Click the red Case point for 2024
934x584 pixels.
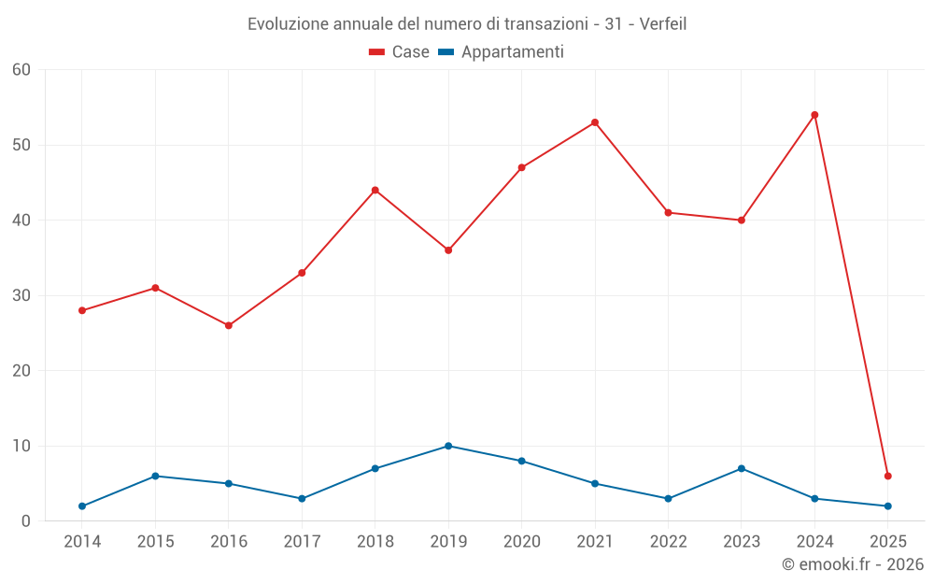(814, 115)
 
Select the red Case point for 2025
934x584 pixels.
(887, 476)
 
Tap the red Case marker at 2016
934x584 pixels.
(229, 325)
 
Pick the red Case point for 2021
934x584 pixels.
(595, 122)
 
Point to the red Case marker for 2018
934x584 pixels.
(375, 190)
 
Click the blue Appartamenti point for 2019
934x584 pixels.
(448, 446)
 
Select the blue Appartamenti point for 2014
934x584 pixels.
(82, 506)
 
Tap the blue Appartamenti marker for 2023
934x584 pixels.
(742, 468)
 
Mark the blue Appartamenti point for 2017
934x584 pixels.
(302, 498)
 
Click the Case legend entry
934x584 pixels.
(400, 52)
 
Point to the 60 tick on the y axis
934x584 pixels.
(21, 69)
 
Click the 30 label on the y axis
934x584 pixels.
(21, 295)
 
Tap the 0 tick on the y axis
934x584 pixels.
(26, 520)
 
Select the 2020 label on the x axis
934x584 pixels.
(522, 541)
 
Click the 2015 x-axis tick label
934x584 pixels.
(155, 541)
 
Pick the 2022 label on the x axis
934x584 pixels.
(669, 541)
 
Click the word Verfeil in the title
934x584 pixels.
(663, 24)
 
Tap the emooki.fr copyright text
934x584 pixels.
(852, 563)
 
